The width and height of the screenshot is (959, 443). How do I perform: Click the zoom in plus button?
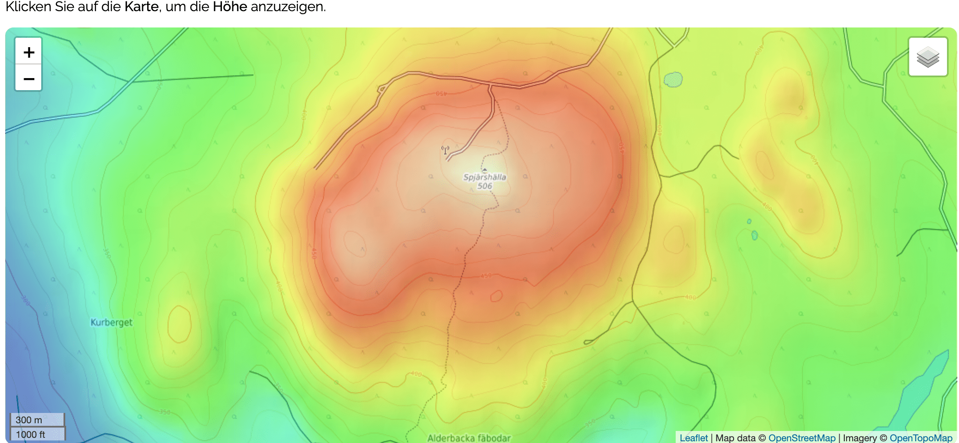tap(29, 52)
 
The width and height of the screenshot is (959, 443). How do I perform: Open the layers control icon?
tap(928, 57)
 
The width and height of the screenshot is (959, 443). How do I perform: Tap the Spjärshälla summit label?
tap(485, 177)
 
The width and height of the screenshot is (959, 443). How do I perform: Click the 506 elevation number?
tap(485, 186)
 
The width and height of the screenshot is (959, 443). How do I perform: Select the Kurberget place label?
tap(111, 322)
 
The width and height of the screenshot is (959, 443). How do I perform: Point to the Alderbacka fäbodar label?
tap(469, 438)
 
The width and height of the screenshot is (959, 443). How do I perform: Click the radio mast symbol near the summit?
tap(445, 150)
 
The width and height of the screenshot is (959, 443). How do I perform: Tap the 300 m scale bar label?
tap(29, 420)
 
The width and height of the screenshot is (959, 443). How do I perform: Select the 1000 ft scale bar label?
tap(30, 434)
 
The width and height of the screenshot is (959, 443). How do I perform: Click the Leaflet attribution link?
tap(693, 438)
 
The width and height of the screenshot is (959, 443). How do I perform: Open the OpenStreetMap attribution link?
tap(801, 438)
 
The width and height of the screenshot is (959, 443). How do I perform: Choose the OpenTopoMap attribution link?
tap(921, 438)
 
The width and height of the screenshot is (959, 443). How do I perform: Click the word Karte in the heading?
tap(141, 7)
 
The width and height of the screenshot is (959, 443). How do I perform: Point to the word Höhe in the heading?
tap(230, 7)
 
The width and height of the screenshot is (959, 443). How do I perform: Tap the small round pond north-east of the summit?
tap(673, 79)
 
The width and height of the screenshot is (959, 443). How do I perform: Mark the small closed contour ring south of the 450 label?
tap(496, 296)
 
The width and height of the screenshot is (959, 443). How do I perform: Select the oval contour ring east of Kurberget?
tap(179, 324)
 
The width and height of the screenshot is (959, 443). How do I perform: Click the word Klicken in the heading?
tap(28, 7)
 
